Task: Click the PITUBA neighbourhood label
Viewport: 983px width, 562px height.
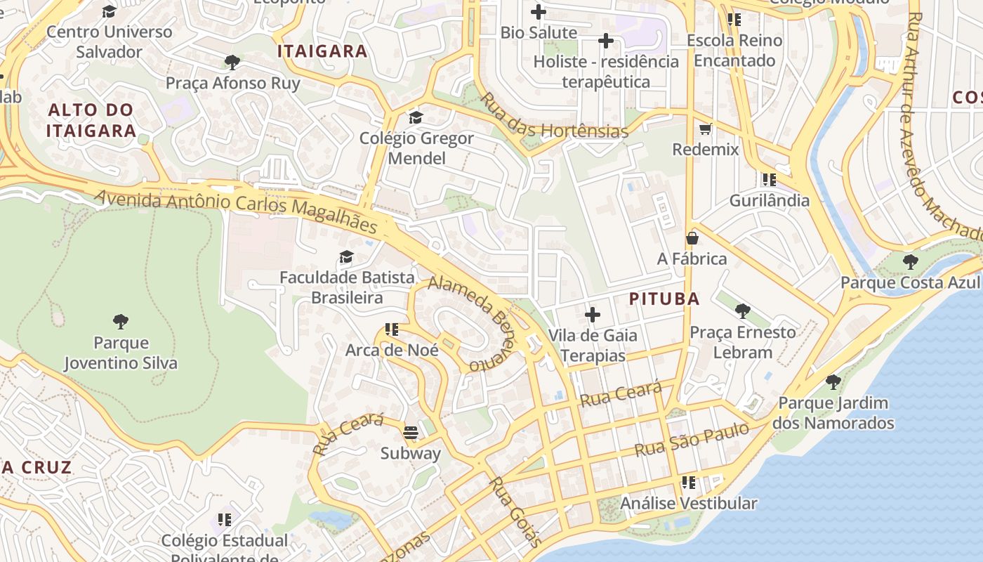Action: (664, 299)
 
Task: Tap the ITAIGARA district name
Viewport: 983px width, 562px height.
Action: (322, 51)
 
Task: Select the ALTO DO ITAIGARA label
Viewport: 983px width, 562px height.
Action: (91, 120)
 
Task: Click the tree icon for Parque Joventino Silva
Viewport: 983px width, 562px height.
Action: (121, 322)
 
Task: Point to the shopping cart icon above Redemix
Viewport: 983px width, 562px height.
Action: (706, 129)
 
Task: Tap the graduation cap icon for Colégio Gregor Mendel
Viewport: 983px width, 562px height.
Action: (416, 117)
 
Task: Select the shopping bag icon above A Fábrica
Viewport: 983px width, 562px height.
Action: (692, 238)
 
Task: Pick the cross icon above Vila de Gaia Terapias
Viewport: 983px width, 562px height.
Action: (593, 314)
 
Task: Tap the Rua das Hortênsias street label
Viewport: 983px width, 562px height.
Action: (553, 116)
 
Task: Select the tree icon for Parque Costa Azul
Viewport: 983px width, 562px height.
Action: (910, 262)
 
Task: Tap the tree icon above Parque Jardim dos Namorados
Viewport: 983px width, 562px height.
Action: (833, 382)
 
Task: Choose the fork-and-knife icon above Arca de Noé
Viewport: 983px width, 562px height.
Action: (392, 329)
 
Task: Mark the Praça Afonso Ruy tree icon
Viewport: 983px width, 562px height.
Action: (232, 63)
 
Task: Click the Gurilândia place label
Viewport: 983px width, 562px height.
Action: (770, 200)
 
